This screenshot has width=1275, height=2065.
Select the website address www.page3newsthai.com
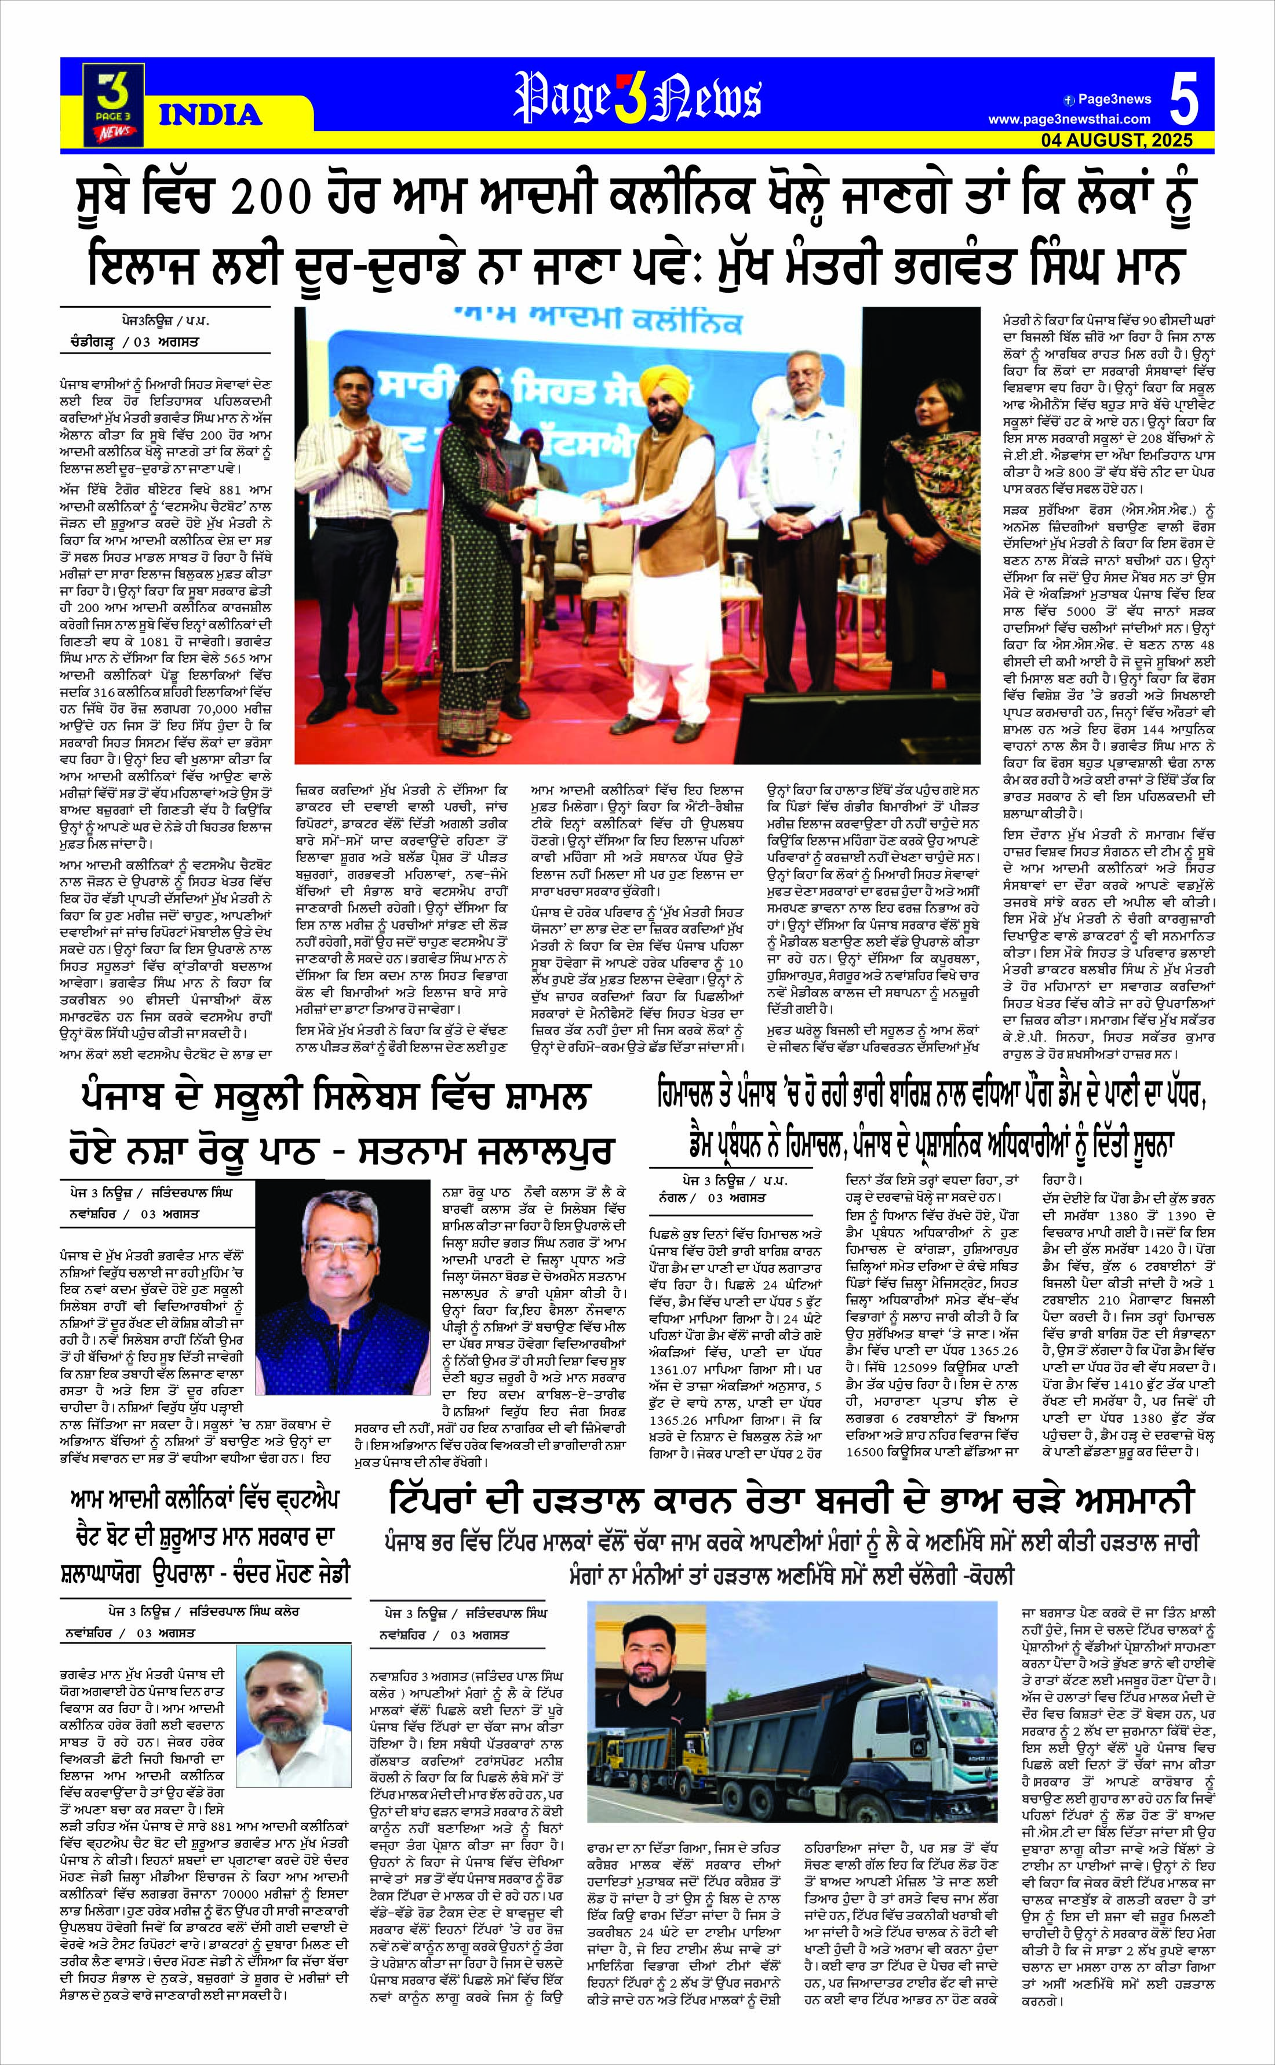1069,120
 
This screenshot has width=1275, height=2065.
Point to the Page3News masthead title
637,95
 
